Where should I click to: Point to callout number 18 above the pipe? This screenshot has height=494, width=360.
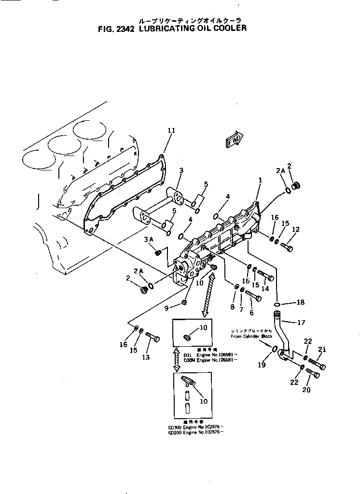[300, 303]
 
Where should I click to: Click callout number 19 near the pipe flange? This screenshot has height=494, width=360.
[262, 365]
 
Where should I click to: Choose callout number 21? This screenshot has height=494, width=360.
[322, 349]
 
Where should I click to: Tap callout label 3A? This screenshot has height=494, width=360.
[148, 240]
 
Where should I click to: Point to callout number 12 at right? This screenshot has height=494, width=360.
[295, 229]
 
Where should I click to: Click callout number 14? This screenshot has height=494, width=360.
[265, 289]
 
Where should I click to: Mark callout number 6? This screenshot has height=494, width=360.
[251, 312]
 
